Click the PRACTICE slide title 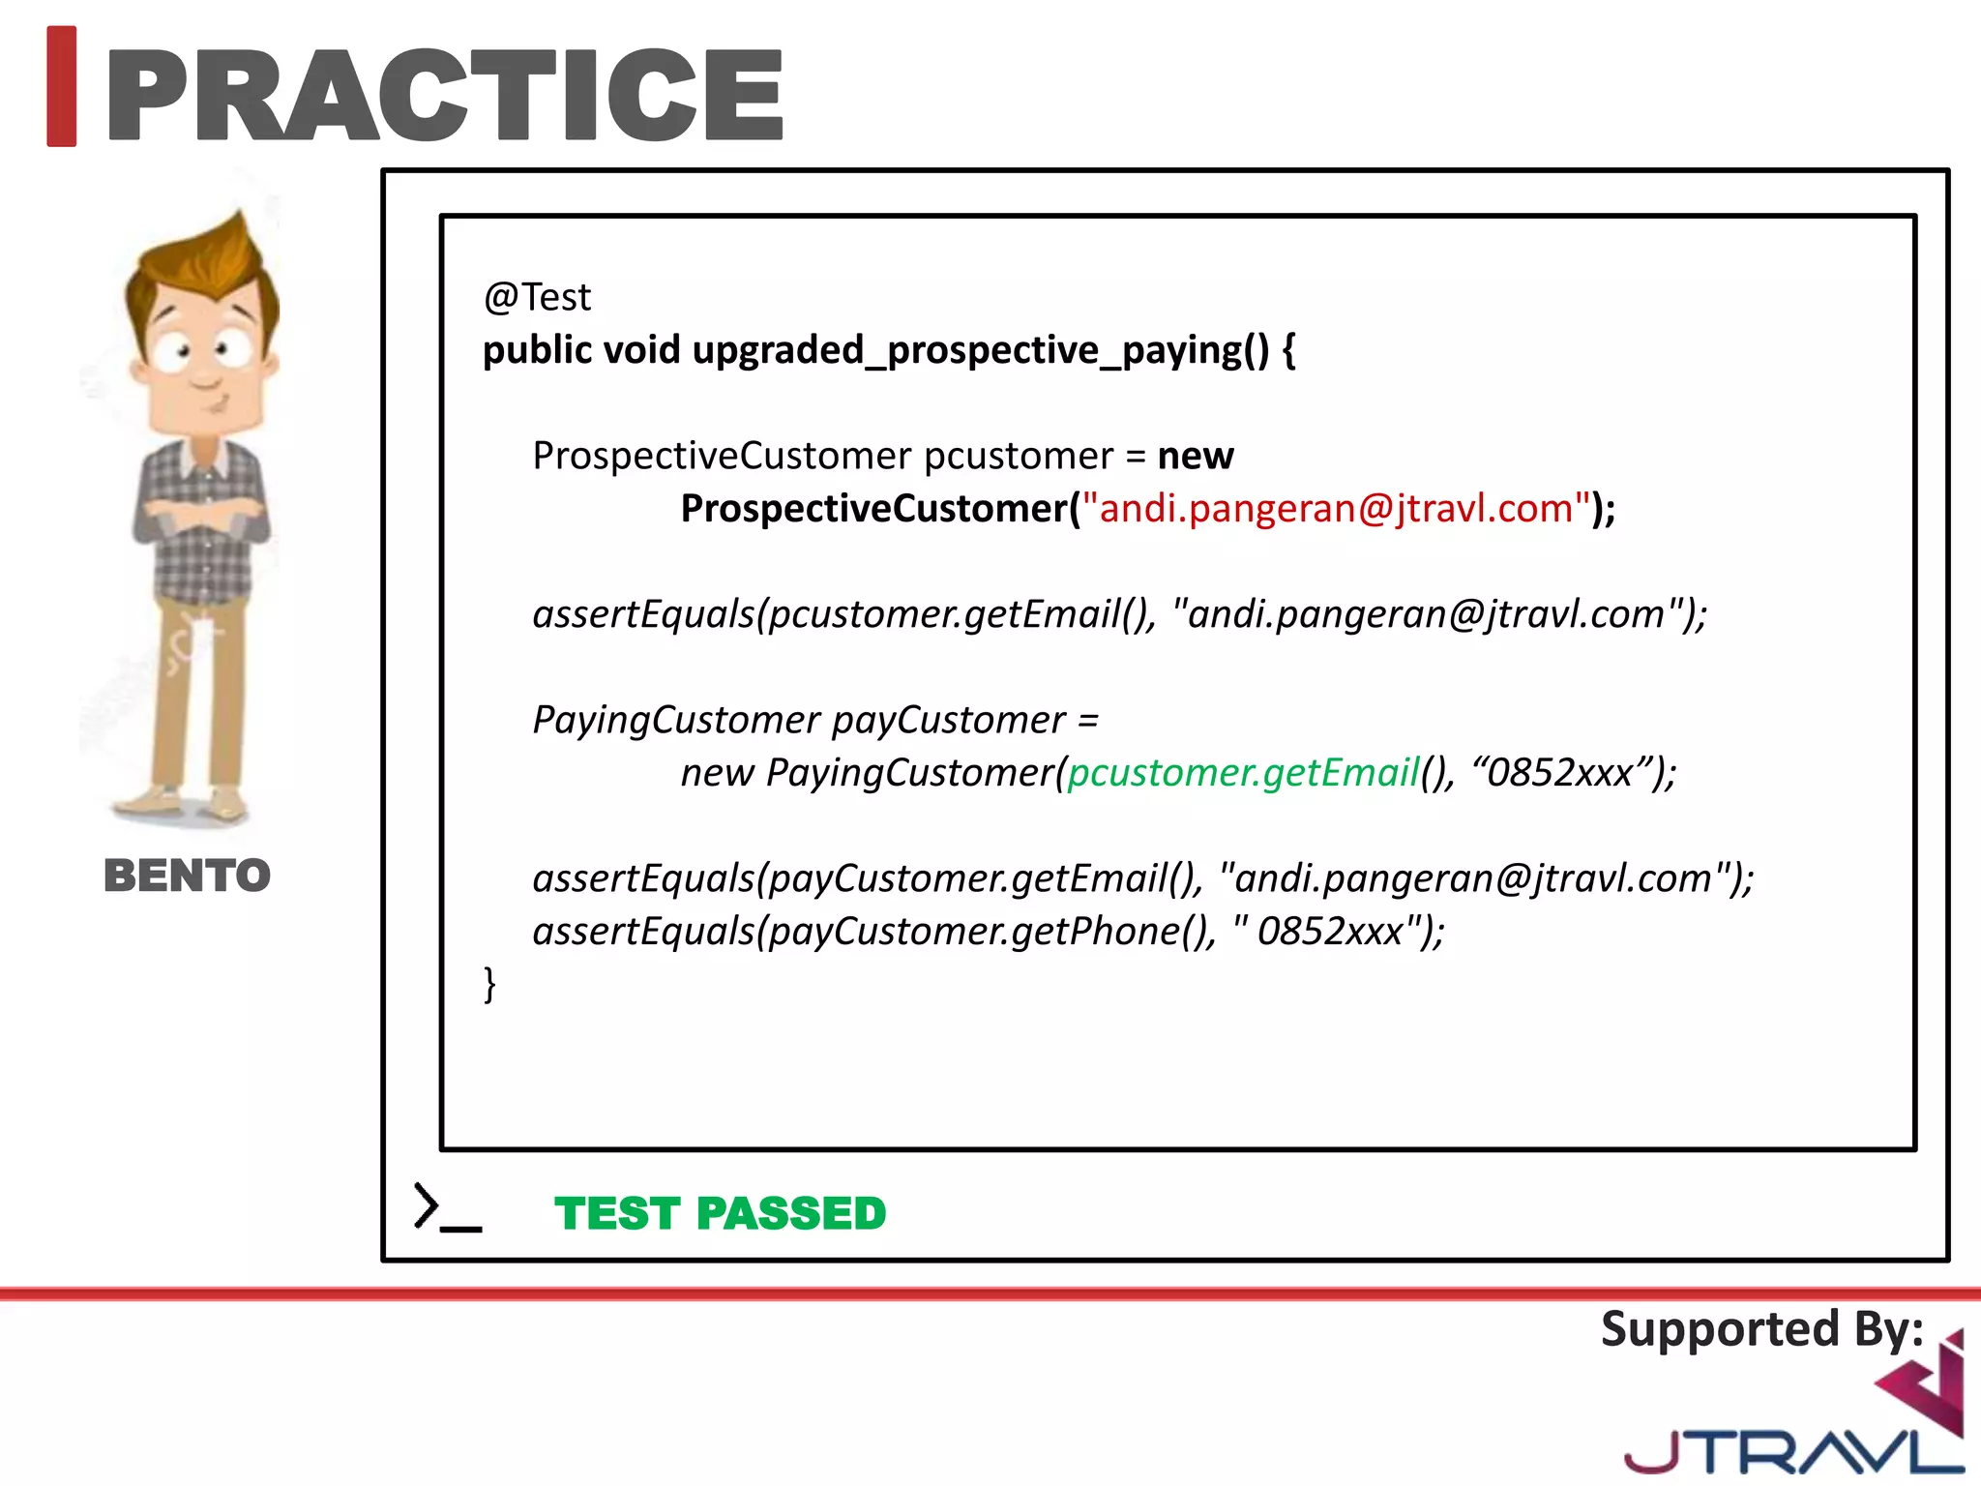pyautogui.click(x=445, y=95)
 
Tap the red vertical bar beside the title pyautogui.click(x=62, y=87)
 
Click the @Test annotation pyautogui.click(x=537, y=297)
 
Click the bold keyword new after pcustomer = pyautogui.click(x=1196, y=456)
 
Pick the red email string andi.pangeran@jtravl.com pyautogui.click(x=1336, y=509)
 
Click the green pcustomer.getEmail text pyautogui.click(x=1242, y=773)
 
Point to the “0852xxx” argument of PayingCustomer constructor pyautogui.click(x=1559, y=773)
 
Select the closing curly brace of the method pyautogui.click(x=489, y=984)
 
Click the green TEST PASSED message pyautogui.click(x=720, y=1213)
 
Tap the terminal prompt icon pyautogui.click(x=445, y=1208)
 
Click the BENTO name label pyautogui.click(x=187, y=876)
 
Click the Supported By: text pyautogui.click(x=1761, y=1329)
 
